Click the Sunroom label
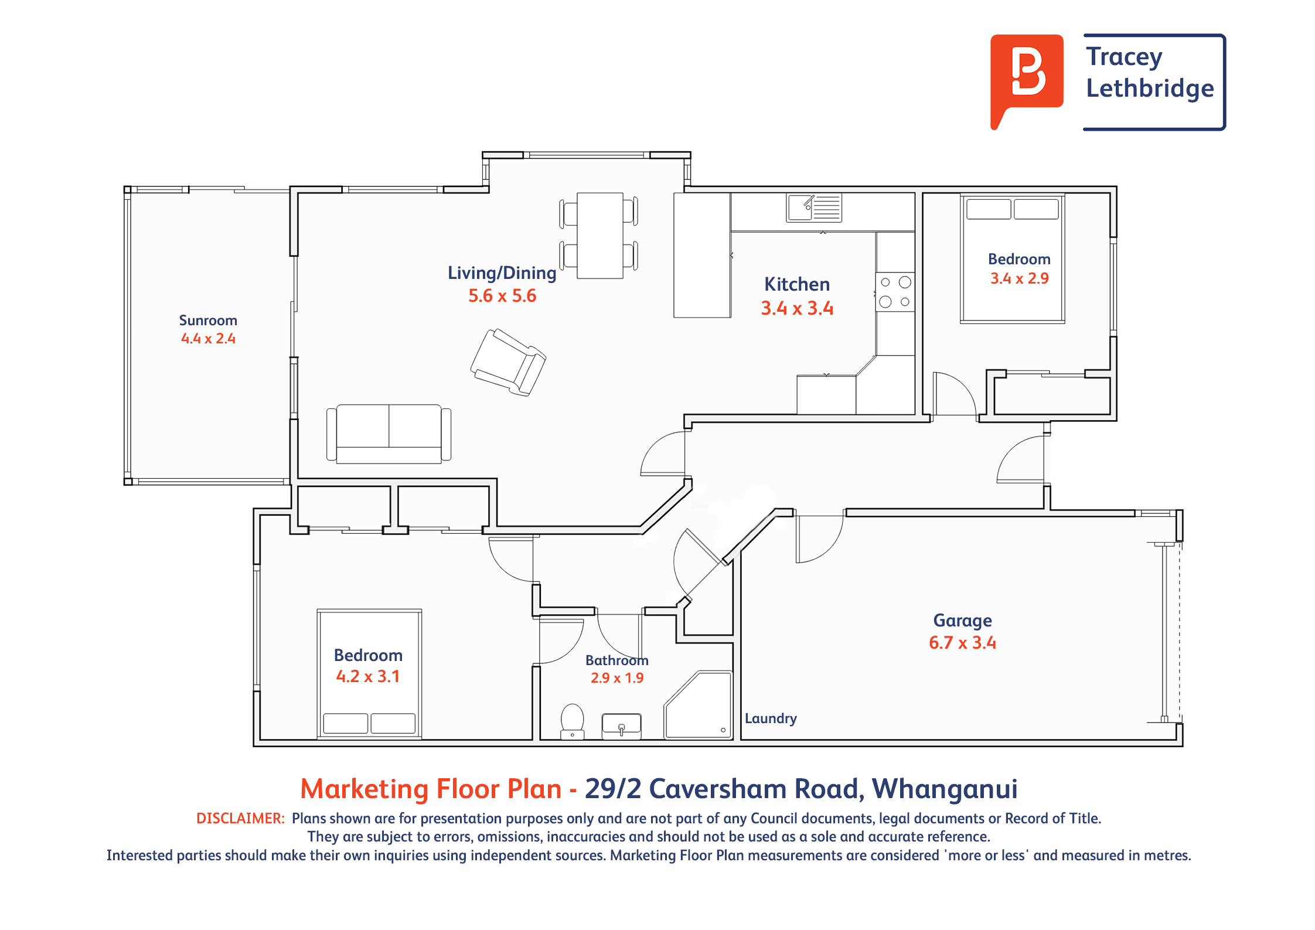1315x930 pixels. point(208,321)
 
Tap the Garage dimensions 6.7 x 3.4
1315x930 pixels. point(962,643)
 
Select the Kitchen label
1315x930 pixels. point(797,285)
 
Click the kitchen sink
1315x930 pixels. point(814,207)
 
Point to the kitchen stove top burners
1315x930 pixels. point(895,292)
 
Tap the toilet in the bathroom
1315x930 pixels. point(573,721)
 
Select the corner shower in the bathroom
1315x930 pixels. point(698,704)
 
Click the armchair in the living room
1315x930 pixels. point(508,362)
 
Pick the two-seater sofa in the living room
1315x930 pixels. point(389,434)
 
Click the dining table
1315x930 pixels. point(599,236)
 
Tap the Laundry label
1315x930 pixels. point(771,718)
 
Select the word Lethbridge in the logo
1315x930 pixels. point(1150,88)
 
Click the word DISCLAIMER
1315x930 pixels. point(240,818)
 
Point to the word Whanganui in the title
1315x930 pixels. point(945,789)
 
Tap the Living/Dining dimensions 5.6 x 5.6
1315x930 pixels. point(502,296)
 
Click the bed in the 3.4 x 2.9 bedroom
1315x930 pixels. point(1013,259)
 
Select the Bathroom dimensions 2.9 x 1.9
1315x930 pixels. point(617,678)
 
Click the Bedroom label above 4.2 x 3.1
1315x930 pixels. point(368,655)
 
